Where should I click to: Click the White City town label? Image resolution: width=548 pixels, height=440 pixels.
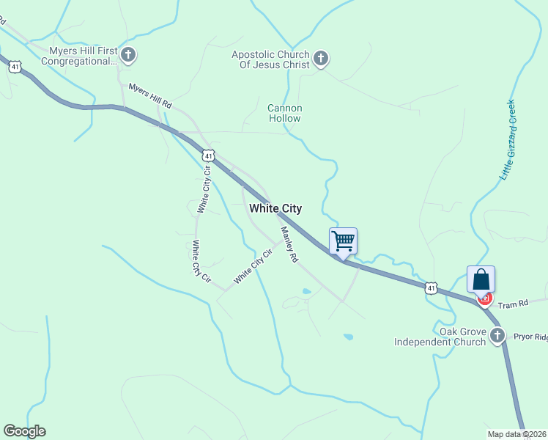[275, 208]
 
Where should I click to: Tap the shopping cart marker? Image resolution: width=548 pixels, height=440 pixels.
[343, 241]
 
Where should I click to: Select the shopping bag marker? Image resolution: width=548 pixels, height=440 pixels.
[481, 279]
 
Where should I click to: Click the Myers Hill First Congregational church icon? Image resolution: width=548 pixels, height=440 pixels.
[129, 54]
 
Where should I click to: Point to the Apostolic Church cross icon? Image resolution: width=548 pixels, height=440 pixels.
[320, 59]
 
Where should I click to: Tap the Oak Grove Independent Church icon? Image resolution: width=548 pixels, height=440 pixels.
[497, 337]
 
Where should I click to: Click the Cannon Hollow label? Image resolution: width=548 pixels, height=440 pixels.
[284, 113]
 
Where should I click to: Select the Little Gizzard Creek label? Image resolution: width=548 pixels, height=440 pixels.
[508, 140]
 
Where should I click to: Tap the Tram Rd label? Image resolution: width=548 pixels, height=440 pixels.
[513, 304]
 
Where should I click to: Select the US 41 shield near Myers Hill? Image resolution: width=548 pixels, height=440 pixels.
[15, 66]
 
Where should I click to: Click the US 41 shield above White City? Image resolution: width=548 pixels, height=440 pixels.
[209, 155]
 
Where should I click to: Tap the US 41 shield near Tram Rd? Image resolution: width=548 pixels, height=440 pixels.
[432, 288]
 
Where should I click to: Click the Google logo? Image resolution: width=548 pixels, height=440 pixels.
[24, 431]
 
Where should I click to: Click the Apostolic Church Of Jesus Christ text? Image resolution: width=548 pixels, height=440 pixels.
[271, 59]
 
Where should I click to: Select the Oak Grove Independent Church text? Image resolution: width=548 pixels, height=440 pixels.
[440, 337]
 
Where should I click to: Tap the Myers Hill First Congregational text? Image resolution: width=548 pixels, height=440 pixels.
[83, 56]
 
